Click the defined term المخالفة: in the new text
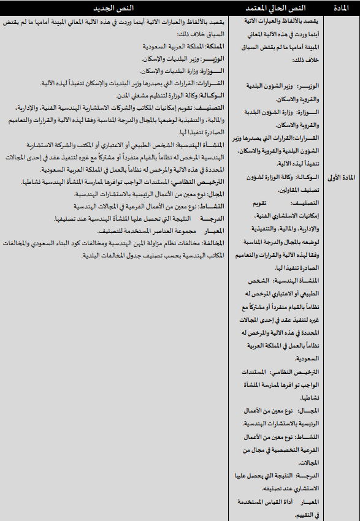(x=212, y=242)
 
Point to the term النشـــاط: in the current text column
(x=306, y=437)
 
